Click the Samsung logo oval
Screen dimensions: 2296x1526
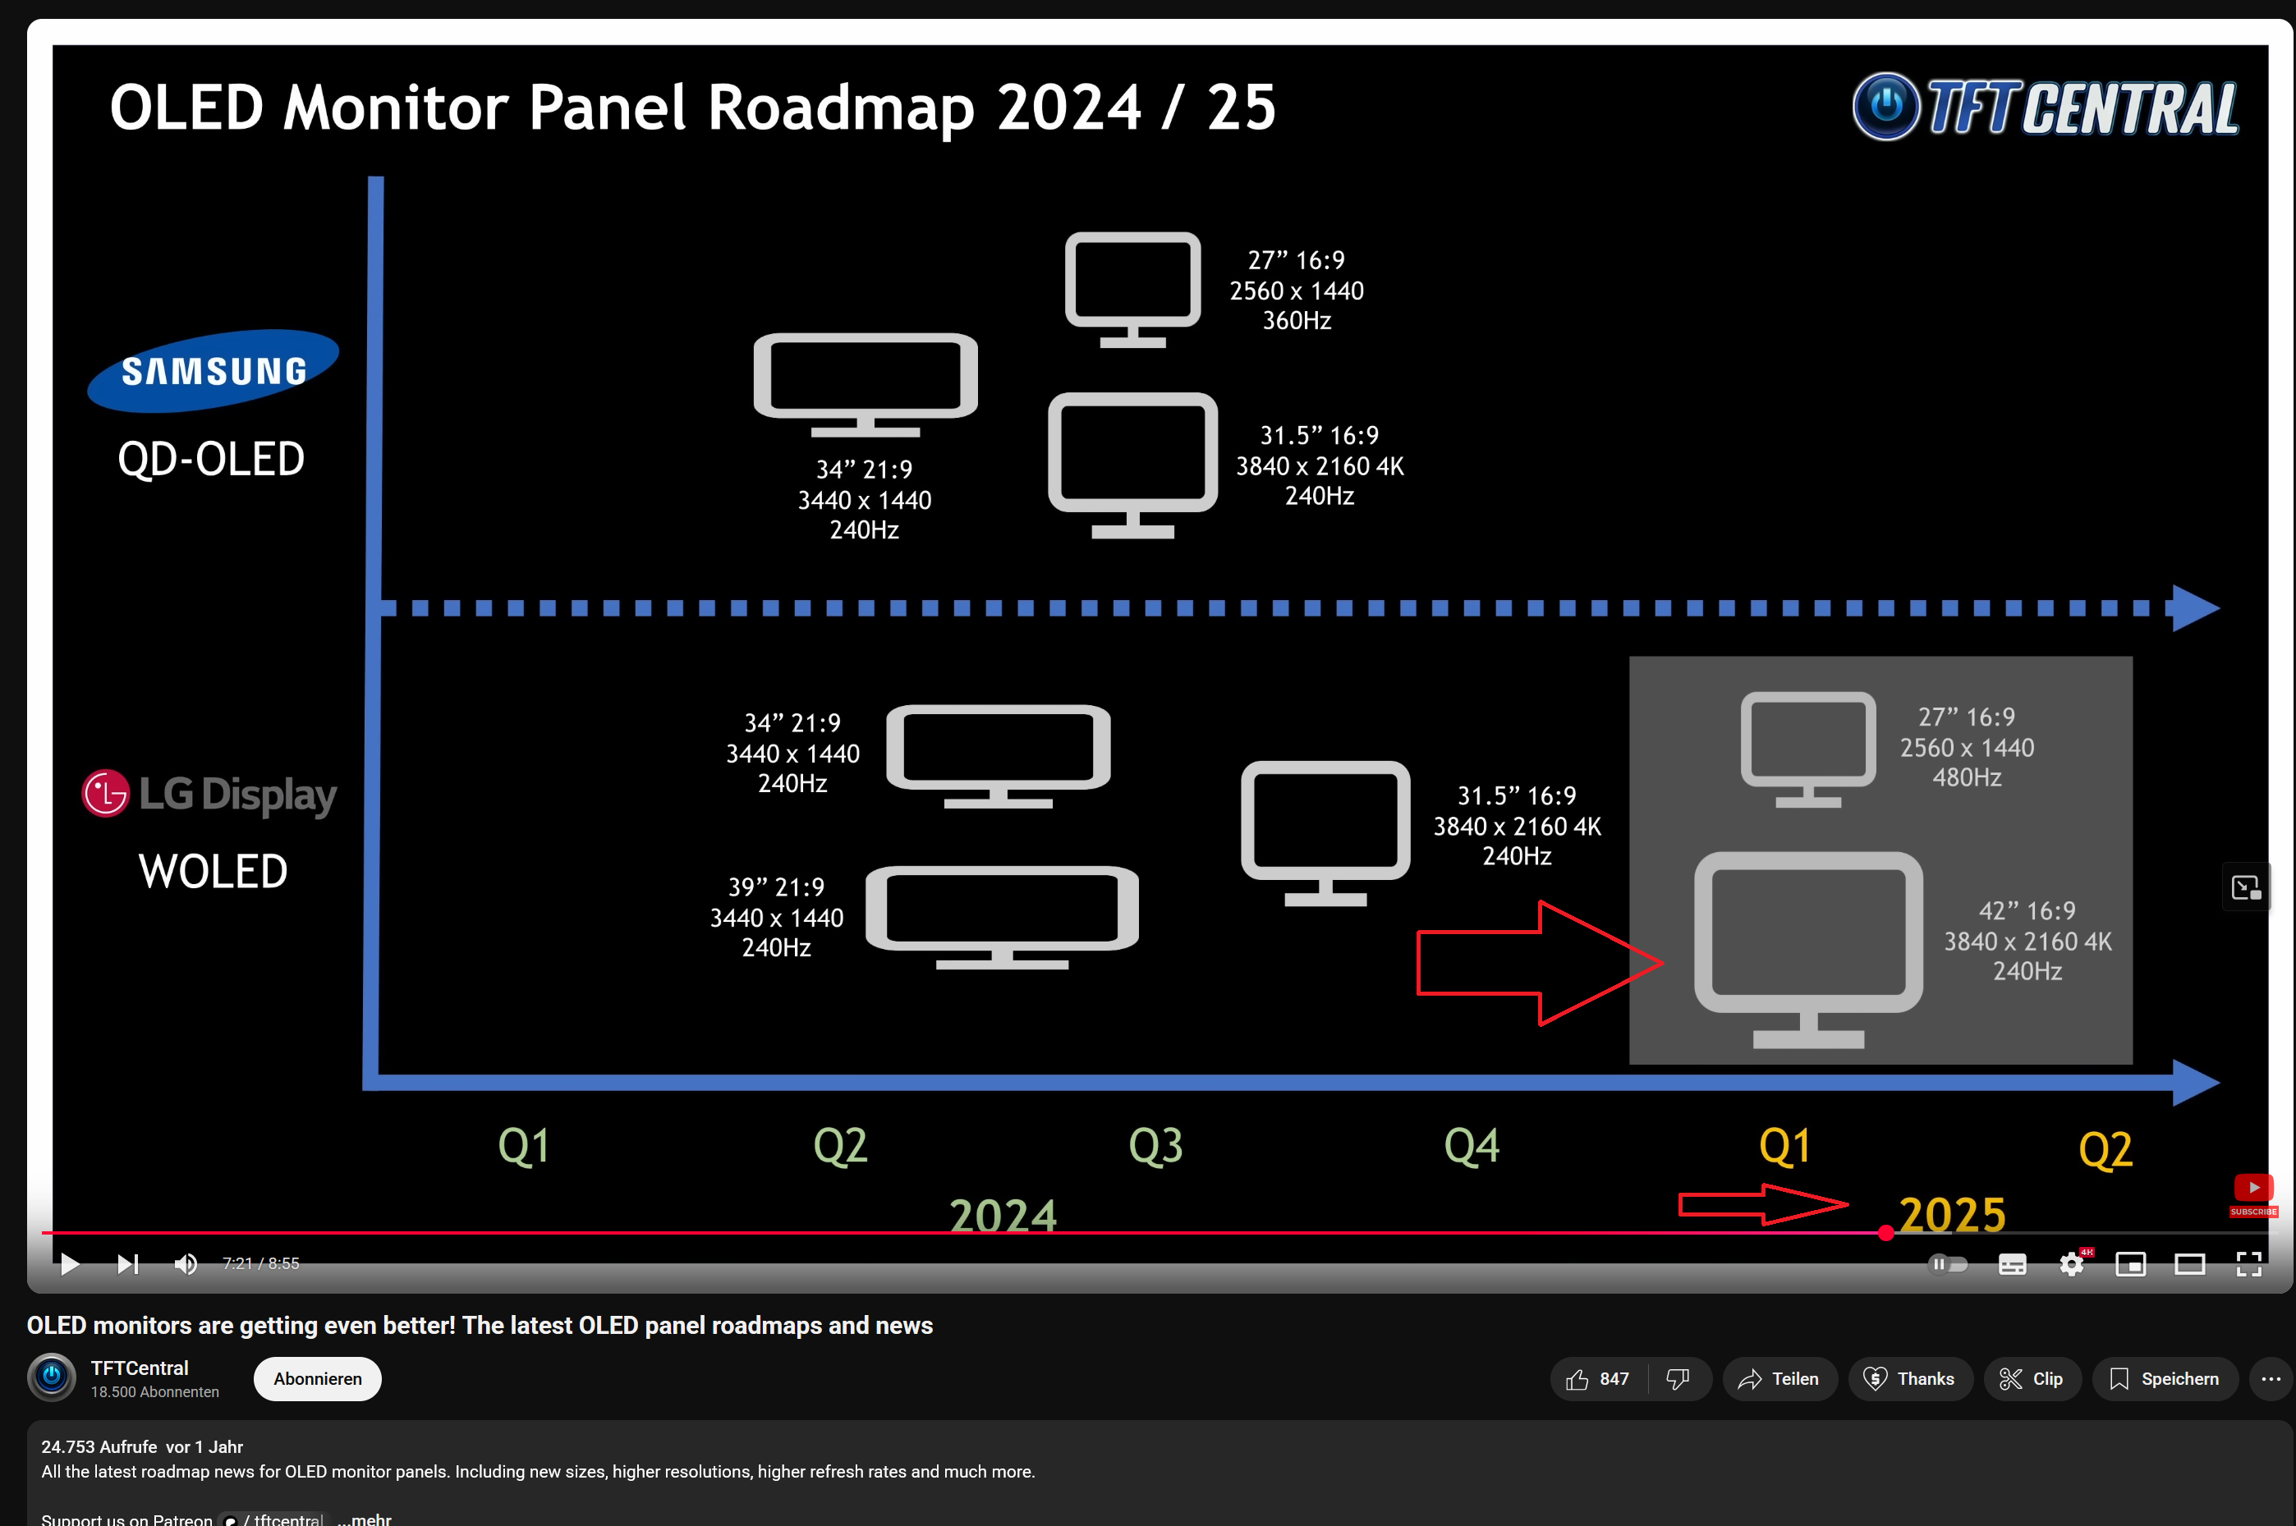pyautogui.click(x=214, y=371)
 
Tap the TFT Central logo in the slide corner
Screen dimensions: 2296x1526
pyautogui.click(x=2046, y=106)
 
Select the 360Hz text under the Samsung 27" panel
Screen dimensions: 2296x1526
pyautogui.click(x=1297, y=320)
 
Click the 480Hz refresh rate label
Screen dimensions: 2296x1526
pyautogui.click(x=1966, y=777)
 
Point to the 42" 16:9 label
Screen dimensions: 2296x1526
pyautogui.click(x=2027, y=911)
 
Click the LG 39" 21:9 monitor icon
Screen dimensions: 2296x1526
pyautogui.click(x=1002, y=917)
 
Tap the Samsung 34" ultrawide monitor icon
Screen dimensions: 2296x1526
pyautogui.click(x=866, y=385)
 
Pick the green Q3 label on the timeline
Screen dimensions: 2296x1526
pyautogui.click(x=1155, y=1145)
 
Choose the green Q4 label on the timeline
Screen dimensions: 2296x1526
pyautogui.click(x=1472, y=1145)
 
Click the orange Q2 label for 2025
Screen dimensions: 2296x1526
pyautogui.click(x=2105, y=1149)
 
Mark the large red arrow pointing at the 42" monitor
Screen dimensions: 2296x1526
pyautogui.click(x=1539, y=964)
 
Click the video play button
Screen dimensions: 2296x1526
pyautogui.click(x=69, y=1263)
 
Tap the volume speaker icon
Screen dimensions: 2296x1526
pyautogui.click(x=185, y=1263)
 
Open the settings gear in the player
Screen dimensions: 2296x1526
pyautogui.click(x=2071, y=1264)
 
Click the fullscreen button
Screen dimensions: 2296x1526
pyautogui.click(x=2248, y=1264)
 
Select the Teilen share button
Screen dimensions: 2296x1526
pyautogui.click(x=1779, y=1379)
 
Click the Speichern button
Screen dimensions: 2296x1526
pyautogui.click(x=2165, y=1379)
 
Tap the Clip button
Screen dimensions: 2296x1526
pyautogui.click(x=2032, y=1379)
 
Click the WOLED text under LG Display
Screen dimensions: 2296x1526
pyautogui.click(x=214, y=871)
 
